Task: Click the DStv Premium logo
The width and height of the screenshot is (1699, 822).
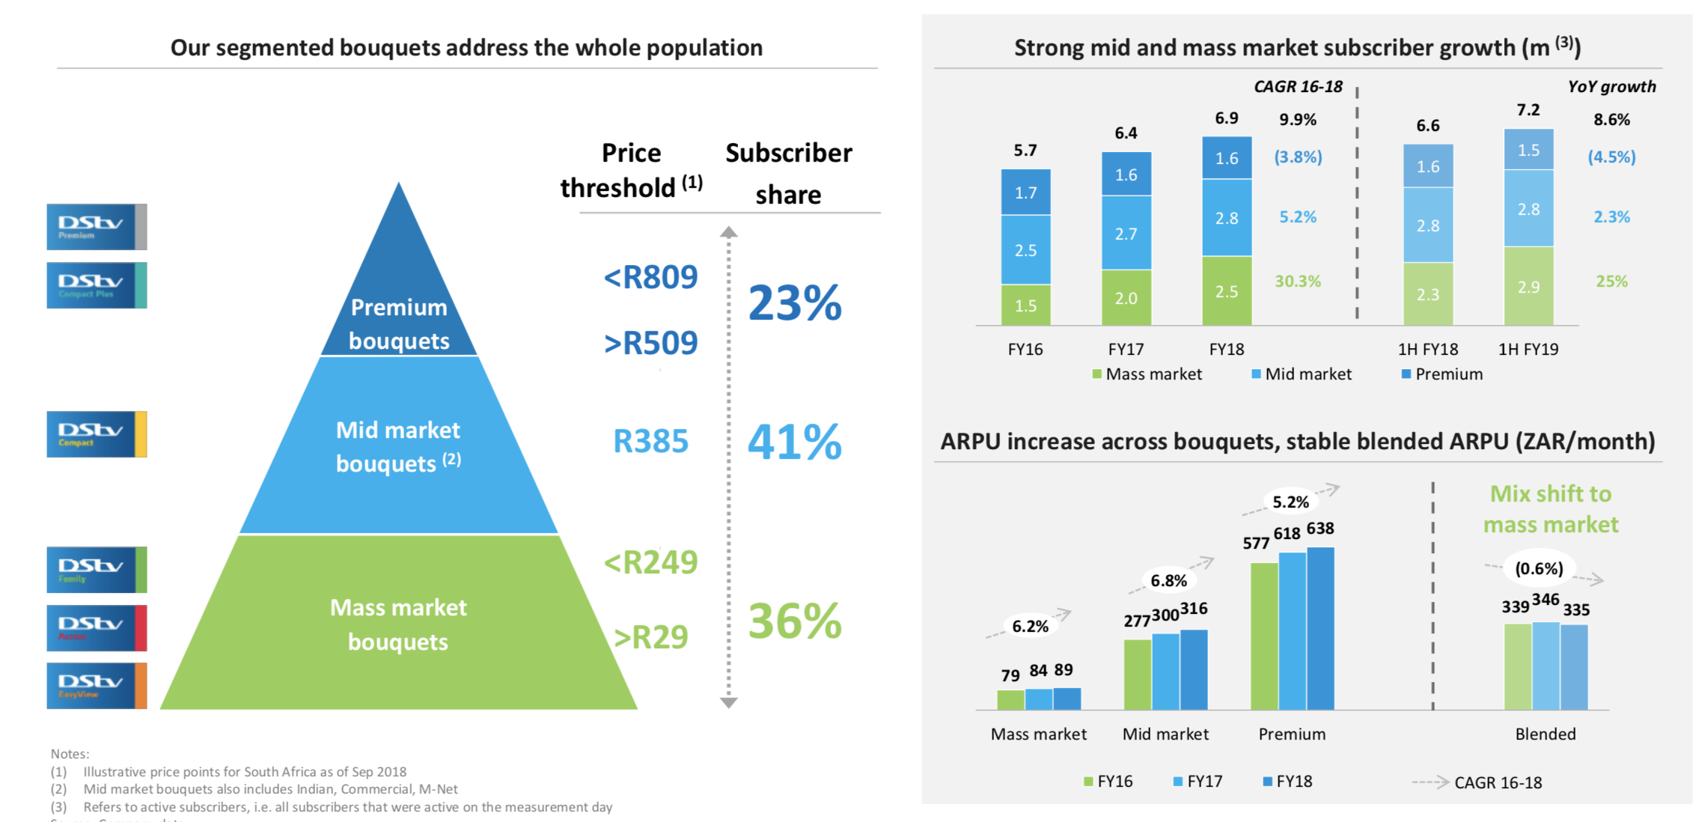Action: [x=97, y=227]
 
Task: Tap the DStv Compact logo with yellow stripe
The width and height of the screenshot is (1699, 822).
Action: [x=97, y=434]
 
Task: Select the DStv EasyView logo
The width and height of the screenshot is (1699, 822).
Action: [x=97, y=686]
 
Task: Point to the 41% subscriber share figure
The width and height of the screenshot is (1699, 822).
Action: [x=794, y=442]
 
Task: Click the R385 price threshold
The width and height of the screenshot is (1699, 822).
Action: [x=650, y=442]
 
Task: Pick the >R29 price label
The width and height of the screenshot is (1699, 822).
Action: [x=650, y=637]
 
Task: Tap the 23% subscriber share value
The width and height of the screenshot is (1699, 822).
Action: [x=794, y=303]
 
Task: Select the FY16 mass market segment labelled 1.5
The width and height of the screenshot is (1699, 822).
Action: [x=1025, y=305]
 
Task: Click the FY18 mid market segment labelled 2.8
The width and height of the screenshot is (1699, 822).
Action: [x=1227, y=218]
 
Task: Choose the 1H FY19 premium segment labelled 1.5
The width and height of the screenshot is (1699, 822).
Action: [x=1528, y=150]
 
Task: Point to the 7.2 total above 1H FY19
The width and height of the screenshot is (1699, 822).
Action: [x=1528, y=110]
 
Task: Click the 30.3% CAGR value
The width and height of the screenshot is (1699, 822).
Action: [x=1298, y=281]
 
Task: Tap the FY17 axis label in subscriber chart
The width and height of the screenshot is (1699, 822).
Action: [x=1126, y=350]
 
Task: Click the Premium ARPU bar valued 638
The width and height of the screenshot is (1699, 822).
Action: [x=1320, y=628]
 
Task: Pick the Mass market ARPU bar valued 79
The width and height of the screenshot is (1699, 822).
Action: [x=1010, y=699]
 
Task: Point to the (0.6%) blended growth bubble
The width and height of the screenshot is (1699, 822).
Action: [x=1539, y=569]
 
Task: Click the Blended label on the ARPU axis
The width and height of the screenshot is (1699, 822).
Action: [x=1546, y=734]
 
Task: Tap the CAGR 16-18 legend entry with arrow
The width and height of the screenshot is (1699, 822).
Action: [x=1477, y=782]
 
